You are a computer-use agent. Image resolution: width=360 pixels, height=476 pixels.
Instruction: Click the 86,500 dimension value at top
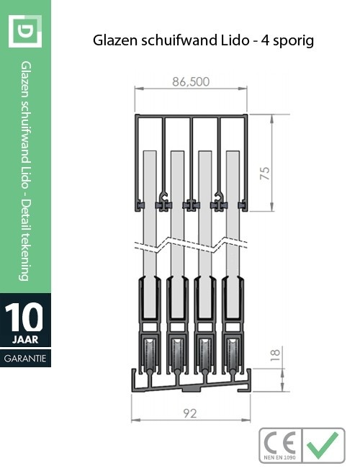click(191, 82)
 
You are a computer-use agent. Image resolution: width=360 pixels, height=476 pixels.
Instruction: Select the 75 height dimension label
click(265, 174)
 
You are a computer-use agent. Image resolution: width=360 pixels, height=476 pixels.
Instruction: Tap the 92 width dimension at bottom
click(191, 414)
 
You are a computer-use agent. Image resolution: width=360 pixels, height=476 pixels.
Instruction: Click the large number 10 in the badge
click(25, 317)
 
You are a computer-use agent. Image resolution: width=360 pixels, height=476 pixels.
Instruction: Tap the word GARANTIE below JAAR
click(25, 358)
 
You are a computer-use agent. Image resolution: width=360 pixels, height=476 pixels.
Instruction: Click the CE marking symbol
click(281, 443)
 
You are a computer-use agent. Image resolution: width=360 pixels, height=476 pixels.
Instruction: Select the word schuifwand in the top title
click(179, 41)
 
